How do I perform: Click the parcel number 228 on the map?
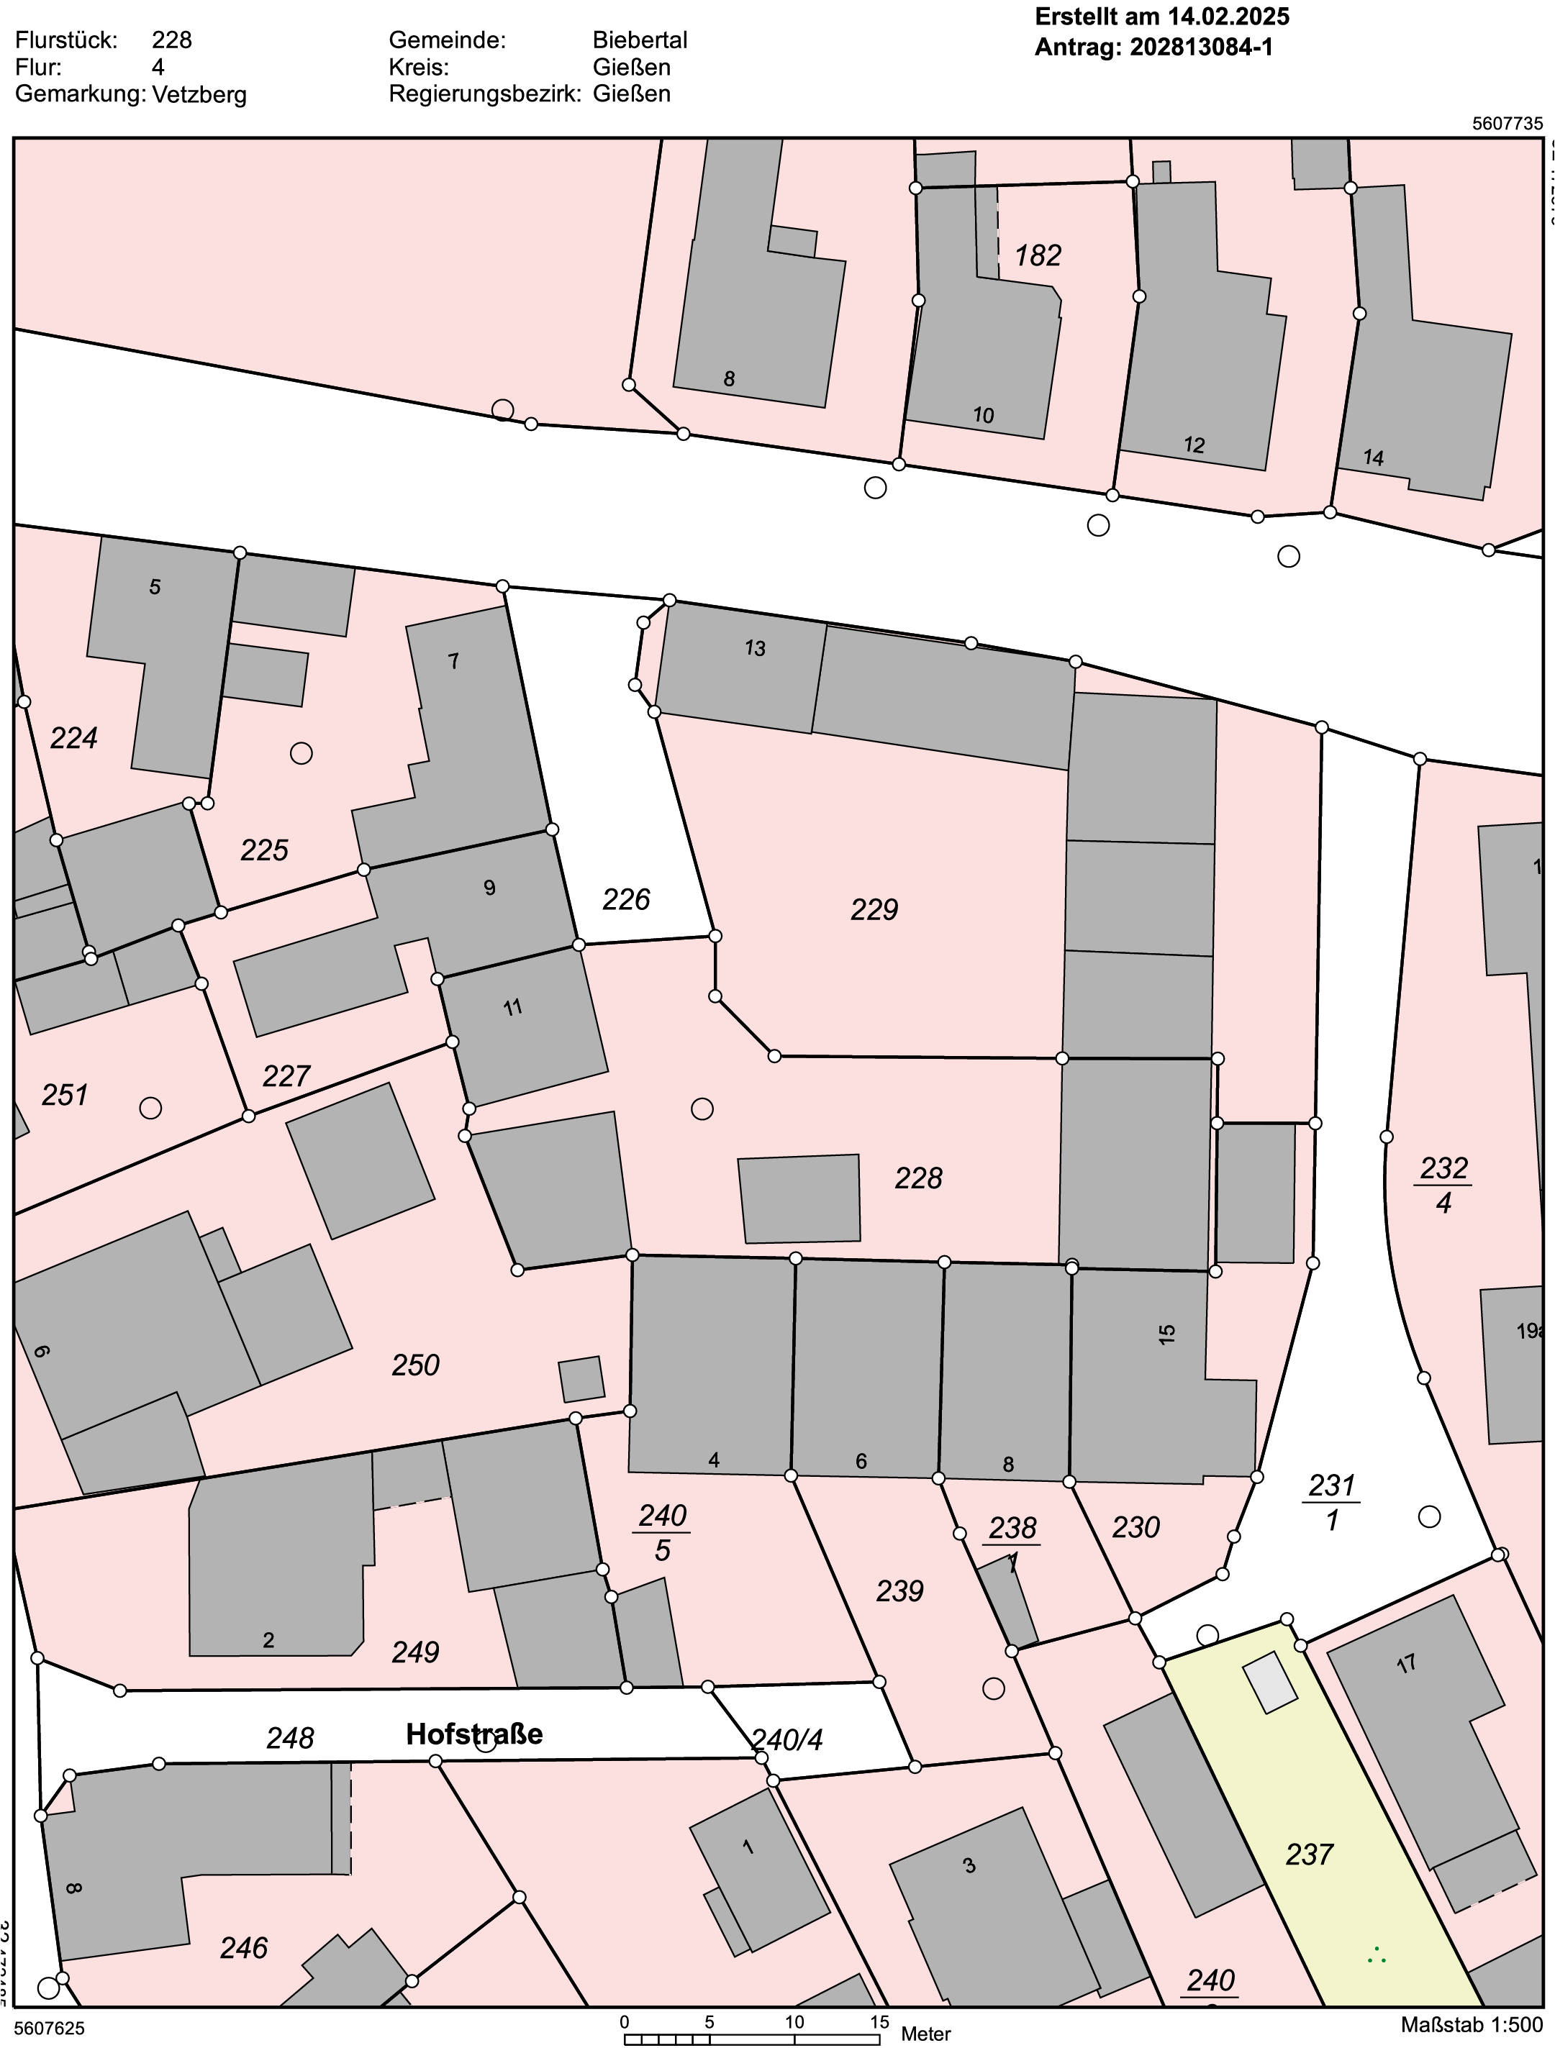click(917, 1178)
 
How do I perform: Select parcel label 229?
click(874, 909)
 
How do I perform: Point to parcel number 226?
click(626, 899)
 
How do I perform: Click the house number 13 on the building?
click(755, 648)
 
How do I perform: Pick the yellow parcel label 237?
click(1309, 1854)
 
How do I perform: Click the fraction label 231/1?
click(1332, 1502)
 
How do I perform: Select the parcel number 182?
click(1038, 255)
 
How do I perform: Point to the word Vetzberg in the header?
click(199, 94)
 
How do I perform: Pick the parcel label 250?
click(415, 1365)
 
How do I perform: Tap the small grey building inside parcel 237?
click(1270, 1683)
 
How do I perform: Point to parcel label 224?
click(73, 738)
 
